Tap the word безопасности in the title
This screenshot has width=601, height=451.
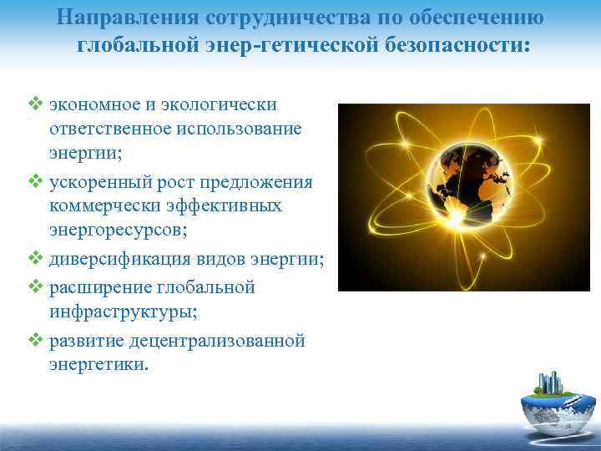coord(458,43)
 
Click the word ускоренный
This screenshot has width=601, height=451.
coord(99,182)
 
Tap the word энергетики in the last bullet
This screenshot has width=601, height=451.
coord(91,364)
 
